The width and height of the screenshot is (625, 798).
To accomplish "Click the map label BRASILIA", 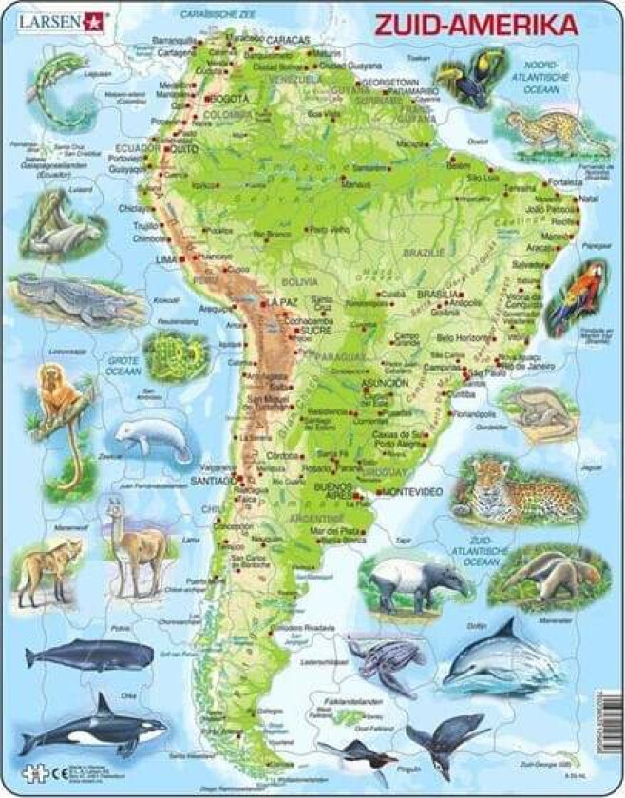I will tap(418, 294).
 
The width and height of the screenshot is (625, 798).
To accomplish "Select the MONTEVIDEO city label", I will tap(410, 491).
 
